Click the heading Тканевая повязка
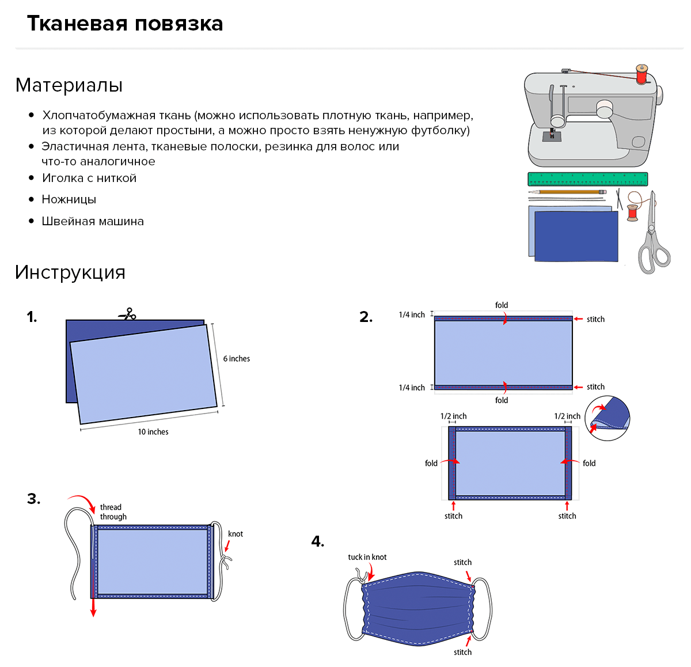point(125,24)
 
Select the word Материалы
point(69,85)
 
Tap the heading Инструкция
point(70,272)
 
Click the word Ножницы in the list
point(69,199)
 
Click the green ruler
point(587,179)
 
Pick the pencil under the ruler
point(567,192)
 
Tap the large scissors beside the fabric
point(653,236)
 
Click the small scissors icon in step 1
point(128,314)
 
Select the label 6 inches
point(237,359)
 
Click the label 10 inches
point(153,432)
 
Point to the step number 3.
point(34,499)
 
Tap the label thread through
point(113,512)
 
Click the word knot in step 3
point(236,534)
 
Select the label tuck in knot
point(367,557)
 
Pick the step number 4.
point(318,541)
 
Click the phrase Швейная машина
point(93,221)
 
